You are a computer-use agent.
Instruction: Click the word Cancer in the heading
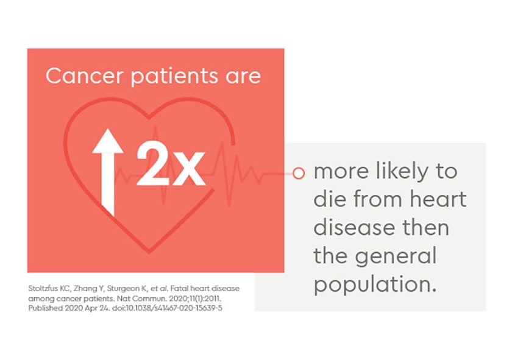click(85, 76)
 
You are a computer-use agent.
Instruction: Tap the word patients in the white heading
click(174, 77)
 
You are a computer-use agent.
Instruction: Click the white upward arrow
click(108, 172)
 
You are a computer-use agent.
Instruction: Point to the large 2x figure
click(171, 163)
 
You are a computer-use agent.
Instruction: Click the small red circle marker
click(299, 173)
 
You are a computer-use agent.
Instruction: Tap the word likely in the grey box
click(402, 171)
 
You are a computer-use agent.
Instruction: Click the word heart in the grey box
click(438, 199)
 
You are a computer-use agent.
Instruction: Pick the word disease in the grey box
click(354, 227)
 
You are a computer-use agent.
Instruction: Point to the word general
click(396, 256)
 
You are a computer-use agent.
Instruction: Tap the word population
click(375, 285)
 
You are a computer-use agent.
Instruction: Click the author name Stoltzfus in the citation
click(43, 289)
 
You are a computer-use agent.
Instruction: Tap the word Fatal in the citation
click(179, 289)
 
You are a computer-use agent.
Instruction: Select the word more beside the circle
click(341, 172)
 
